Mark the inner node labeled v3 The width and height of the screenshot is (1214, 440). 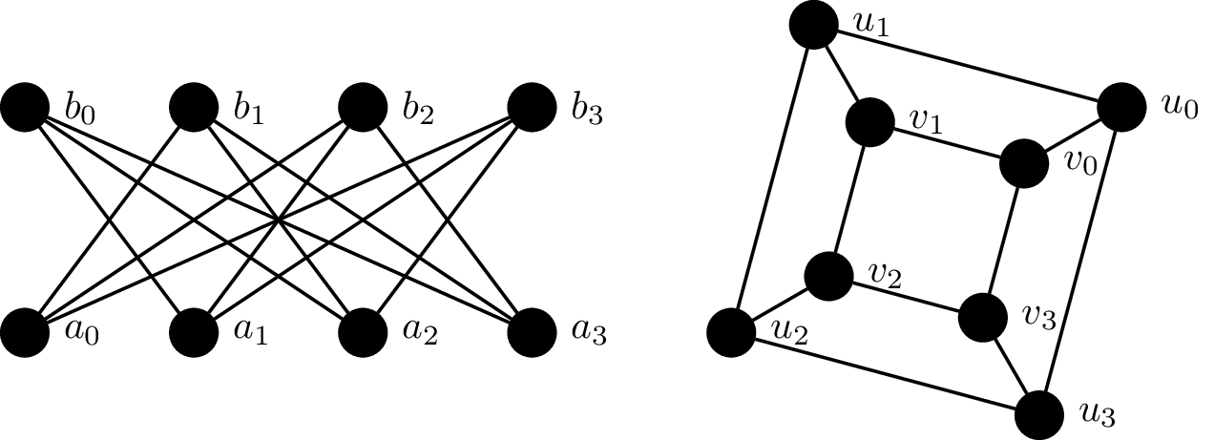982,318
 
